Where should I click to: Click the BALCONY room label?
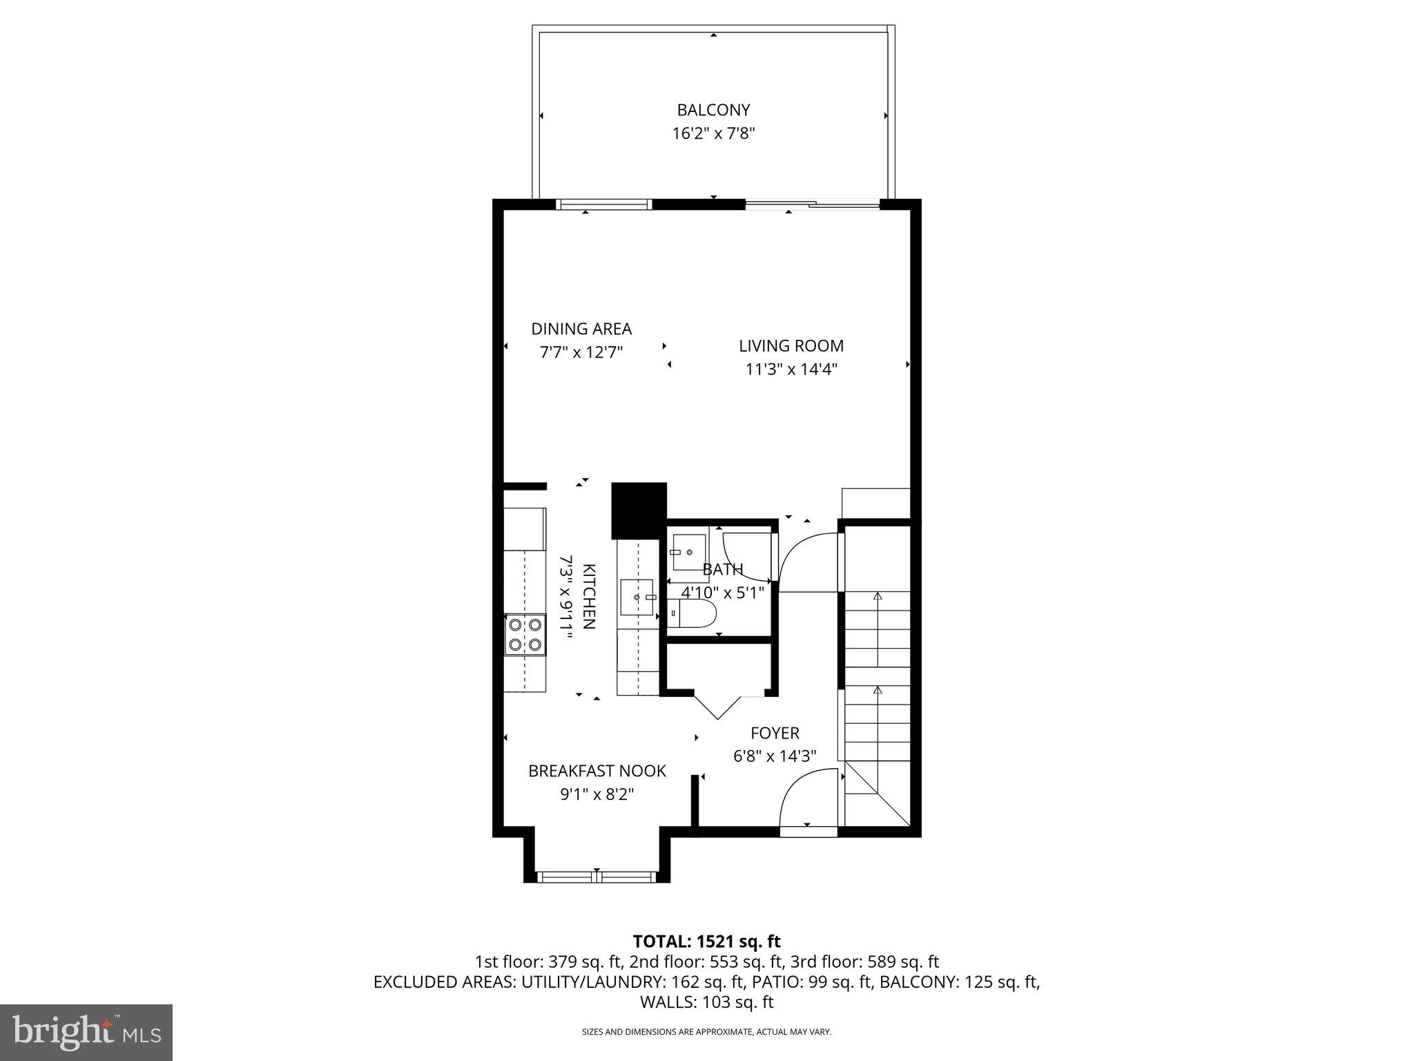click(x=713, y=110)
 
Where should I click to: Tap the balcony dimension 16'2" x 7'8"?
click(x=713, y=133)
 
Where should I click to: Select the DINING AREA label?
click(x=581, y=329)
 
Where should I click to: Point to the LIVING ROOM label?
click(x=791, y=346)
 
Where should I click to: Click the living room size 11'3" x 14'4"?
click(x=791, y=370)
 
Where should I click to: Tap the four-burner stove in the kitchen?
click(x=525, y=635)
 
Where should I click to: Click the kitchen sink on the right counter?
click(x=637, y=597)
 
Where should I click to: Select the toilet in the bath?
click(x=694, y=613)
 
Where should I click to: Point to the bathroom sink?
click(x=688, y=553)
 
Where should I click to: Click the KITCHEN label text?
click(x=589, y=596)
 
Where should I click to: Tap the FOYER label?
click(x=775, y=733)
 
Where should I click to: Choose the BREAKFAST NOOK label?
click(x=597, y=771)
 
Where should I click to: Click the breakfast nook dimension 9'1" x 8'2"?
click(x=597, y=794)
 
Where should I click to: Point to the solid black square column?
click(x=639, y=510)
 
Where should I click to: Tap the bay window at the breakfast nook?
click(x=595, y=877)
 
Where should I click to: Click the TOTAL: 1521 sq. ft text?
click(x=706, y=941)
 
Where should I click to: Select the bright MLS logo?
click(x=86, y=1032)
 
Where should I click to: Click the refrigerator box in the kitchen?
click(x=525, y=529)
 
